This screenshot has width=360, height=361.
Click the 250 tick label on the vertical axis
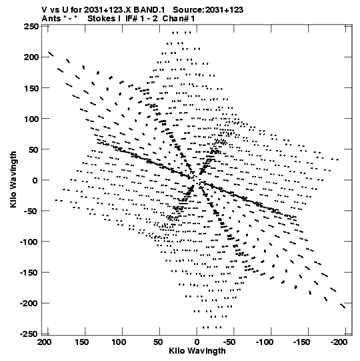point(31,27)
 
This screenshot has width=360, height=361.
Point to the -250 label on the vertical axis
point(29,334)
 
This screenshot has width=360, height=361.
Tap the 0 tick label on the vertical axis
point(35,180)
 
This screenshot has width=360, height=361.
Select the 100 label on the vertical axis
point(31,119)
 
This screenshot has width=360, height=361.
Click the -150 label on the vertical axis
point(29,273)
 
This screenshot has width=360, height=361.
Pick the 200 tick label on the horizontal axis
point(45,342)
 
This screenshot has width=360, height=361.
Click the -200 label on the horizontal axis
point(339,342)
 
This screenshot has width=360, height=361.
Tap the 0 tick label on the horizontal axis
point(197,342)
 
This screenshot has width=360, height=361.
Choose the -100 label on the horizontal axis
point(265,342)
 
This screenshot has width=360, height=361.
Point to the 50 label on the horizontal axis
point(157,342)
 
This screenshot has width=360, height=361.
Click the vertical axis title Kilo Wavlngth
point(13,179)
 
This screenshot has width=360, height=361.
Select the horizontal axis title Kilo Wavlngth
point(197,351)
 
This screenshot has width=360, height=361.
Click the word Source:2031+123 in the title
point(208,10)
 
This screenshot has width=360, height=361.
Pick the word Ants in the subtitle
point(51,19)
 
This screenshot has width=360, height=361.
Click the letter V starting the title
point(45,10)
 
